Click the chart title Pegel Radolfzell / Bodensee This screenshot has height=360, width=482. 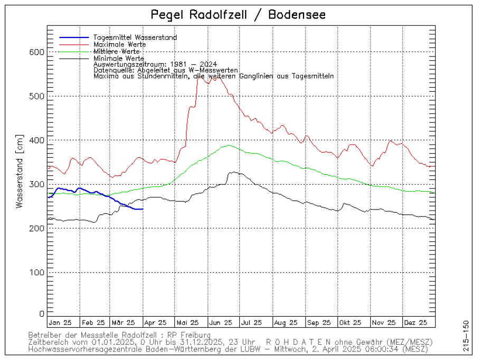click(238, 14)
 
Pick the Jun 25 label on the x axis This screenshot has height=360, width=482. click(221, 322)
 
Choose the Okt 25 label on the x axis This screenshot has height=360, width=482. click(351, 322)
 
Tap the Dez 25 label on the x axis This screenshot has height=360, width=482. click(415, 322)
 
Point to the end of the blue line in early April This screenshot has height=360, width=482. click(143, 209)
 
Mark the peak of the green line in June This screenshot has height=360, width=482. click(228, 145)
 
